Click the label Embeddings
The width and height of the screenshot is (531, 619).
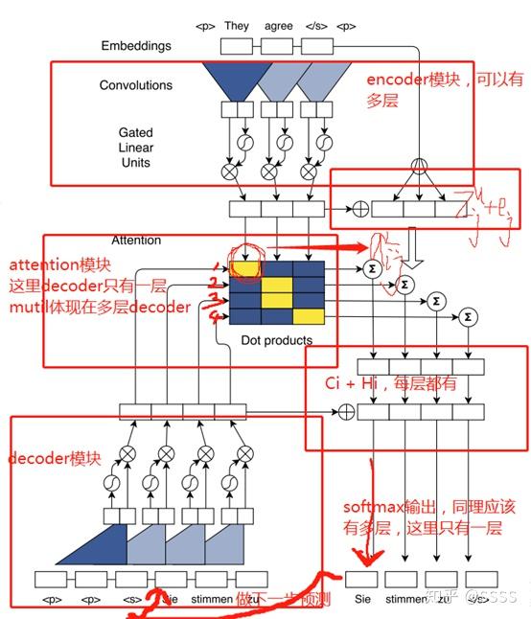coord(136,46)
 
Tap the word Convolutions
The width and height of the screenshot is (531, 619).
coord(136,85)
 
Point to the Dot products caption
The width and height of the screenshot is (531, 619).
coord(276,339)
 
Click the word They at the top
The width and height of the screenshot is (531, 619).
coord(237,26)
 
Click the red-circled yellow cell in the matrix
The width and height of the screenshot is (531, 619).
coord(244,269)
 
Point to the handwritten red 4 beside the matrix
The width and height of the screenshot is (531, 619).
coord(218,313)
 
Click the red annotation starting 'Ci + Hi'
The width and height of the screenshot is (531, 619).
coord(388,382)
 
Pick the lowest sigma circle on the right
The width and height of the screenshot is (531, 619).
coord(468,315)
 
